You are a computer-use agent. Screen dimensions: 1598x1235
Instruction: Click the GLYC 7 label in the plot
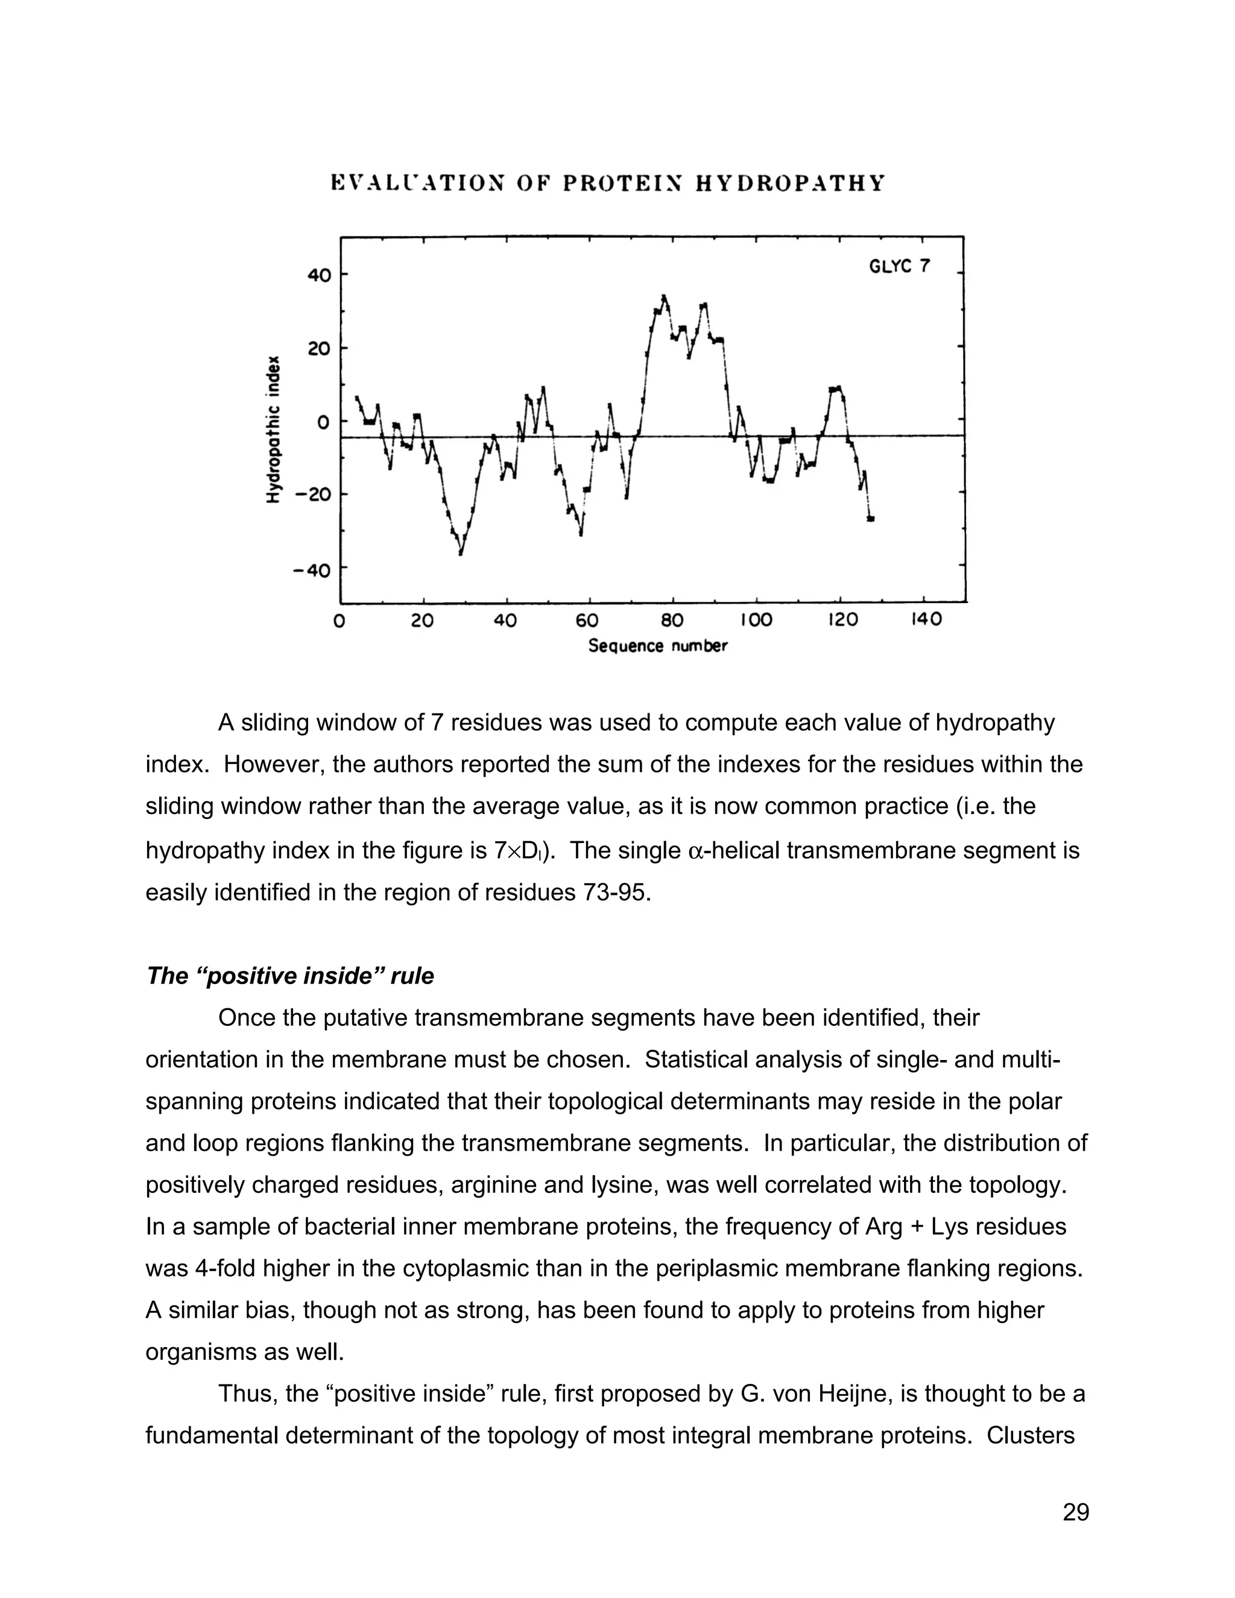(x=899, y=267)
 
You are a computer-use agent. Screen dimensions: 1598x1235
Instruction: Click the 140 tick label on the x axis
(x=926, y=620)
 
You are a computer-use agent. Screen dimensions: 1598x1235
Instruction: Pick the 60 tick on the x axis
(x=587, y=621)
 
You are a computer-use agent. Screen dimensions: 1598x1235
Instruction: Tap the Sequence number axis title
(x=658, y=646)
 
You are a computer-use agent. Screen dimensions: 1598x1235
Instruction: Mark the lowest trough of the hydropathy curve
(x=460, y=553)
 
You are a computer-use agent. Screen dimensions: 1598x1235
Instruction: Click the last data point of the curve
(x=871, y=519)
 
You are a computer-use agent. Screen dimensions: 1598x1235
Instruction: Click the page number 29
(x=1076, y=1512)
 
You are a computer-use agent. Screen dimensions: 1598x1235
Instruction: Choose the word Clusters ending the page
(x=1030, y=1436)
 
